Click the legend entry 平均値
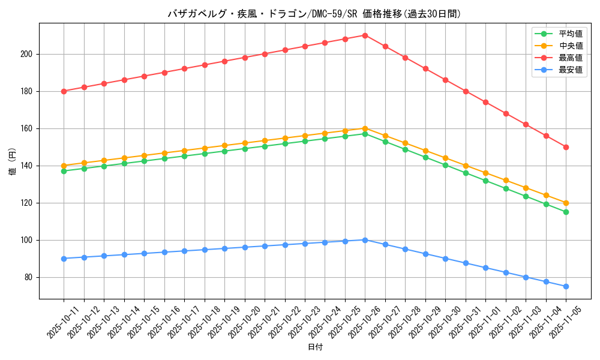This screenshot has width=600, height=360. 571,34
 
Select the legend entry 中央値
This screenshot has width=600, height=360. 571,46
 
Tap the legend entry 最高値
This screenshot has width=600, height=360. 571,58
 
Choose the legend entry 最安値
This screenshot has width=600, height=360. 571,70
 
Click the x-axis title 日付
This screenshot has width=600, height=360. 315,347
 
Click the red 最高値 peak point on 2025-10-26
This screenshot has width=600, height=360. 365,35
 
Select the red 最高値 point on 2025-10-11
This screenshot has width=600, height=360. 64,91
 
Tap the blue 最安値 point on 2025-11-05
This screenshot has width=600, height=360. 566,286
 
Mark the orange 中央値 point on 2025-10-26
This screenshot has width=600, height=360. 365,128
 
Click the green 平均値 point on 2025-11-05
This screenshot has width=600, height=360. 566,212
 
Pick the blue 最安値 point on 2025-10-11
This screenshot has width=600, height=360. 64,259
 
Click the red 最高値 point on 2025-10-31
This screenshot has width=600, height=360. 466,91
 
